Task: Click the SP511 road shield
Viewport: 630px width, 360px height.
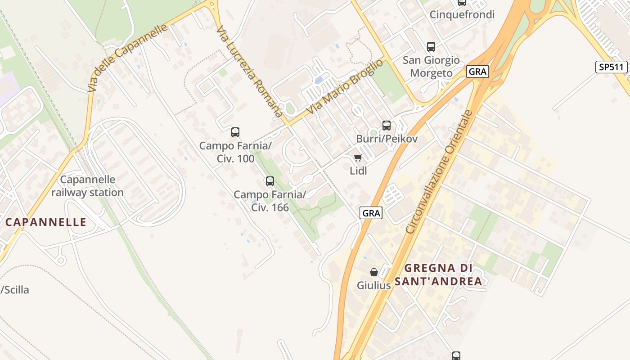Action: click(612, 67)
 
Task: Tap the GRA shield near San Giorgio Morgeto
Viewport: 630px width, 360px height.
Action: click(477, 72)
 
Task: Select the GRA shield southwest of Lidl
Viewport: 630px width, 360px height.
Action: click(371, 213)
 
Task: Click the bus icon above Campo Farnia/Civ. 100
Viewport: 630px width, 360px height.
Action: click(235, 132)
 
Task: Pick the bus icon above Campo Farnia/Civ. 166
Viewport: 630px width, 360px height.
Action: click(270, 181)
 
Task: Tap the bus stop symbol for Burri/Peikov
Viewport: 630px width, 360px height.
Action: click(387, 126)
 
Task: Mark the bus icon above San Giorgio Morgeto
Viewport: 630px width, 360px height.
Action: click(431, 46)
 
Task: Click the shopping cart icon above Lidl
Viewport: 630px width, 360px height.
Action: click(358, 157)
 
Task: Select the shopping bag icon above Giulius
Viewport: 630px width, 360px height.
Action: click(374, 272)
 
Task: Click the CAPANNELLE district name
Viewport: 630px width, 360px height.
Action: click(45, 222)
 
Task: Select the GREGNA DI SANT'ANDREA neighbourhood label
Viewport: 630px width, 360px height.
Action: click(438, 274)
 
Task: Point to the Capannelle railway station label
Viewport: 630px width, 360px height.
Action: click(87, 186)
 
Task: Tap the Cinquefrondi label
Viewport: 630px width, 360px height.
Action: click(462, 14)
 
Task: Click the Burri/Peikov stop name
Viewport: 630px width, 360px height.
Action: click(387, 139)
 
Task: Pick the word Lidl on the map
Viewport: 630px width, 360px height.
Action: click(358, 171)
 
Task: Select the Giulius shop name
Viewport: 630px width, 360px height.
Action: click(373, 285)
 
